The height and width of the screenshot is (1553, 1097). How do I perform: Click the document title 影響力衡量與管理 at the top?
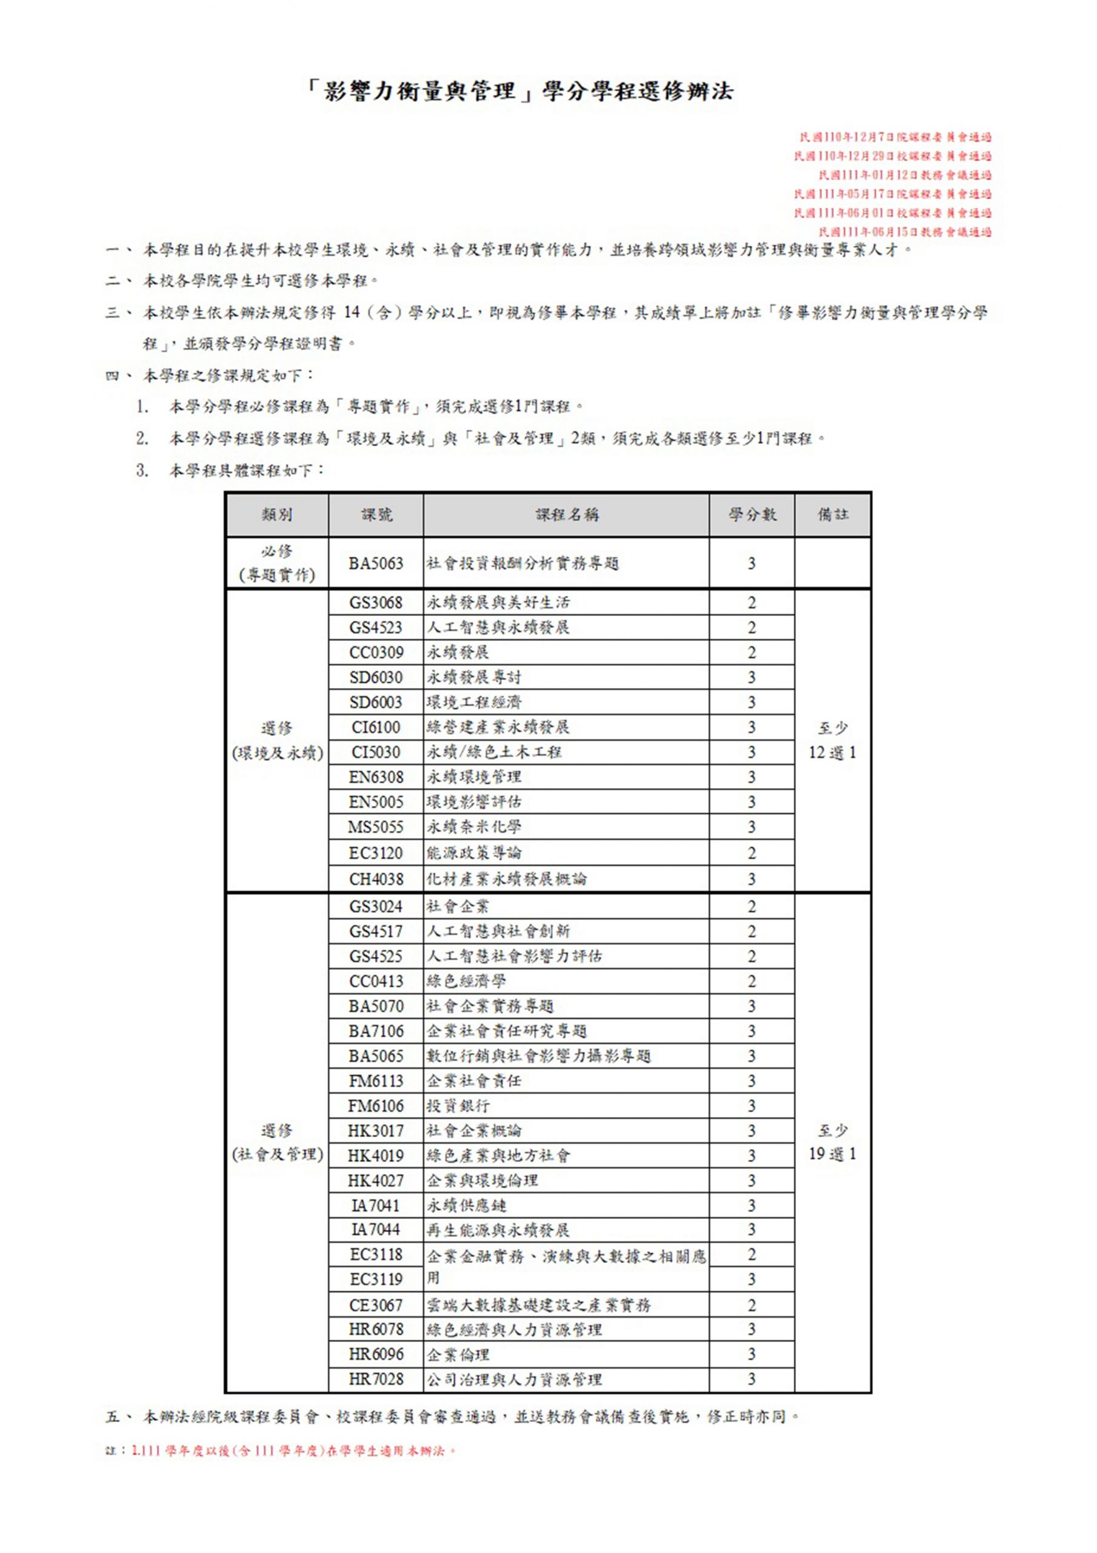pos(521,92)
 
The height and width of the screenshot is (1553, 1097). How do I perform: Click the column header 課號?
pos(376,515)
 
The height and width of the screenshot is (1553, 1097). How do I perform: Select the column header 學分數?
pos(752,515)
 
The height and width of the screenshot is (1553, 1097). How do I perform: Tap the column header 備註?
pos(833,515)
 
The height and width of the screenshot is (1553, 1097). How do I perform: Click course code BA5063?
pos(376,564)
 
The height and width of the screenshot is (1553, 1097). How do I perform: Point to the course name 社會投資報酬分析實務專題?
pos(522,564)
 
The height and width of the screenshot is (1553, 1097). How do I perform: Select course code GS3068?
pos(376,602)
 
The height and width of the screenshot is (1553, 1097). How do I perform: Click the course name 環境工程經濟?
pos(474,702)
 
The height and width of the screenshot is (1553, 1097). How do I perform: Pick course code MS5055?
pos(376,827)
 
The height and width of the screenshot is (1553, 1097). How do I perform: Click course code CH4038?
pos(376,879)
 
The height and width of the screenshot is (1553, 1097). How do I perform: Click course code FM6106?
pos(376,1106)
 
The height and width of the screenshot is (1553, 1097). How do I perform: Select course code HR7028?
pos(376,1379)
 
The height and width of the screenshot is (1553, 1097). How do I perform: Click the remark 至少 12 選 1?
pos(833,740)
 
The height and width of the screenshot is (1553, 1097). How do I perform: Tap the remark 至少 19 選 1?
pos(833,1142)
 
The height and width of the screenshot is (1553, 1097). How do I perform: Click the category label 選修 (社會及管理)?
pos(277,1142)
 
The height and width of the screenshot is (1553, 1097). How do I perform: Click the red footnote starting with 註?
pos(281,1451)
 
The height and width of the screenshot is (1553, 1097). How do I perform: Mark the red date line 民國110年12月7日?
pos(896,137)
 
